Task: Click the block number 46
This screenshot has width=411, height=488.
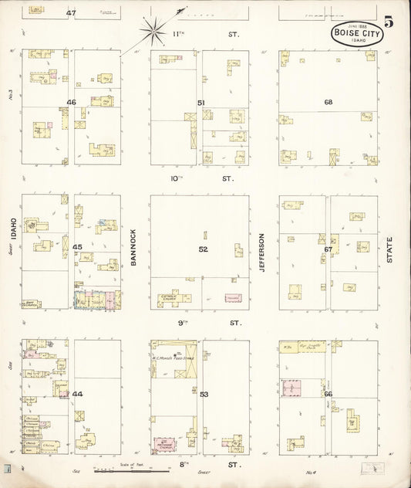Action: coord(71,102)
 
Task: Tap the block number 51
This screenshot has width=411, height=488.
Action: coord(200,102)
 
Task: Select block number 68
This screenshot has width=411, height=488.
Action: coord(328,102)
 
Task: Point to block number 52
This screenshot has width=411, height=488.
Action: coord(203,249)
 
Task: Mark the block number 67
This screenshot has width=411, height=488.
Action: coord(328,249)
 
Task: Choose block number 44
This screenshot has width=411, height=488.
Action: coord(77,394)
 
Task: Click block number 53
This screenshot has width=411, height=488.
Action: coord(204,395)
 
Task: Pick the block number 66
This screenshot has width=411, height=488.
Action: coord(328,395)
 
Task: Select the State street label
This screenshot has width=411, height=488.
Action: coord(389,249)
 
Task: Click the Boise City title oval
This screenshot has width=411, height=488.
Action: coord(355,33)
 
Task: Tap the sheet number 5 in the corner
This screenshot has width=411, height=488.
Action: coord(389,22)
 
